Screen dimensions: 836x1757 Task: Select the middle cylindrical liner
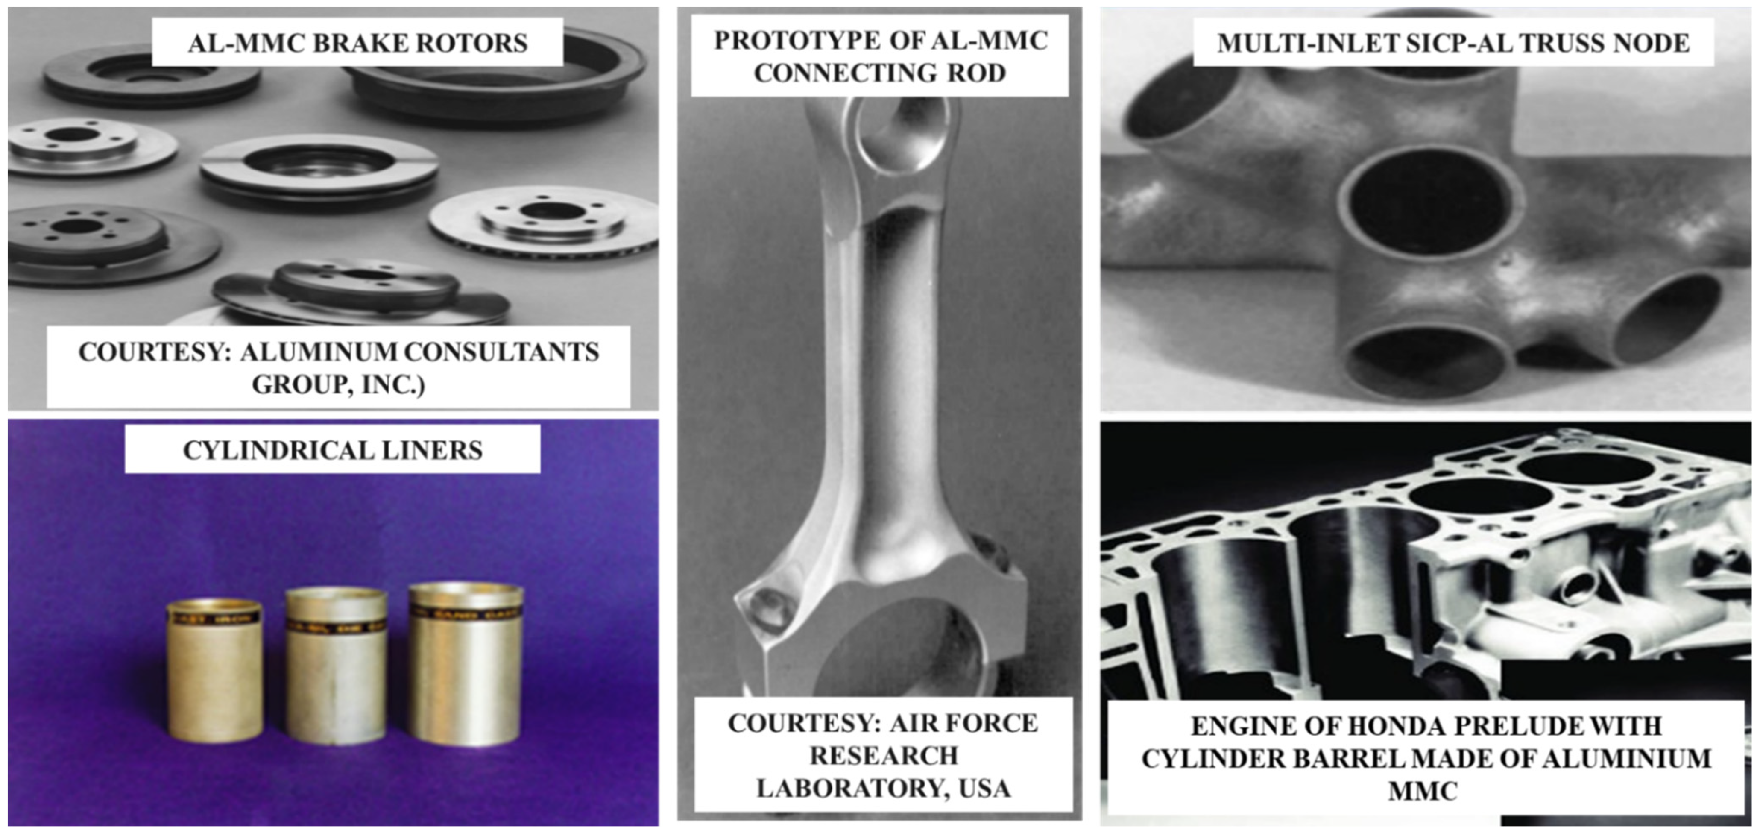336,666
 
